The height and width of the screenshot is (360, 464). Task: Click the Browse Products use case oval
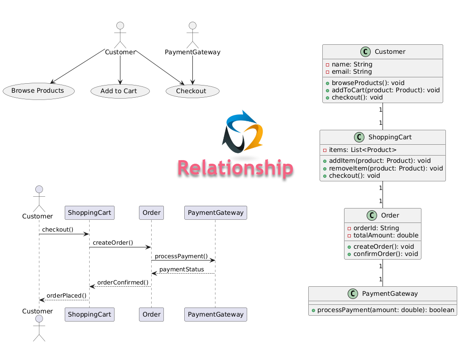[x=38, y=91]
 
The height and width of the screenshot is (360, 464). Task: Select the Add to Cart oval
[x=120, y=91]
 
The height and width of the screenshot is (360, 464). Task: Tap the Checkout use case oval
[x=192, y=91]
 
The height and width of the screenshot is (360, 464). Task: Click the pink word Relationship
[x=235, y=168]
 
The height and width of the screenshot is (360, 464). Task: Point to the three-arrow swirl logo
[x=243, y=132]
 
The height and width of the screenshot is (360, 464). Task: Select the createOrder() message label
[x=113, y=243]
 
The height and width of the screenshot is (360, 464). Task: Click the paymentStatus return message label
[x=184, y=270]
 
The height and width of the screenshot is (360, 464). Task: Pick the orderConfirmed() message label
[x=123, y=283]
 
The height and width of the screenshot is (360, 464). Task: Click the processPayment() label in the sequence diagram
[x=181, y=256]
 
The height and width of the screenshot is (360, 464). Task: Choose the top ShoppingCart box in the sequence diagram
[x=89, y=213]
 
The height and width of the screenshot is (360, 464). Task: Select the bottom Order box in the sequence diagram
[x=151, y=314]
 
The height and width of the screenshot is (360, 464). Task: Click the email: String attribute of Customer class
[x=351, y=71]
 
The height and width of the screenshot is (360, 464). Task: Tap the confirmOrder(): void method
[x=385, y=254]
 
